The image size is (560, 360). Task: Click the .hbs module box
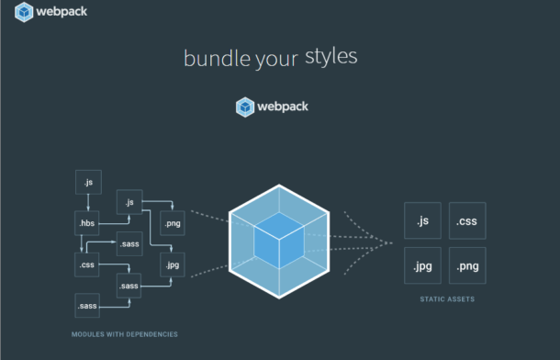pyautogui.click(x=87, y=223)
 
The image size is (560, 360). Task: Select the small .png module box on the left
pyautogui.click(x=172, y=223)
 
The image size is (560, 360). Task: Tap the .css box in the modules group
pyautogui.click(x=87, y=264)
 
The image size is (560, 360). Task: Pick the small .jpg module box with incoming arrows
pyautogui.click(x=172, y=265)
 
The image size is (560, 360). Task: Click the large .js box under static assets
pyautogui.click(x=422, y=221)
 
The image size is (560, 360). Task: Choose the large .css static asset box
pyautogui.click(x=468, y=221)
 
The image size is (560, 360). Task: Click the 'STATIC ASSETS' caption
pyautogui.click(x=444, y=299)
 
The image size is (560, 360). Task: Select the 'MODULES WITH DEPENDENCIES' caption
pyautogui.click(x=124, y=333)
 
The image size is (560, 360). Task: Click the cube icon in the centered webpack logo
pyautogui.click(x=244, y=107)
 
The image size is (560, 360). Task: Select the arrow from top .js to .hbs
pyautogui.click(x=87, y=203)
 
